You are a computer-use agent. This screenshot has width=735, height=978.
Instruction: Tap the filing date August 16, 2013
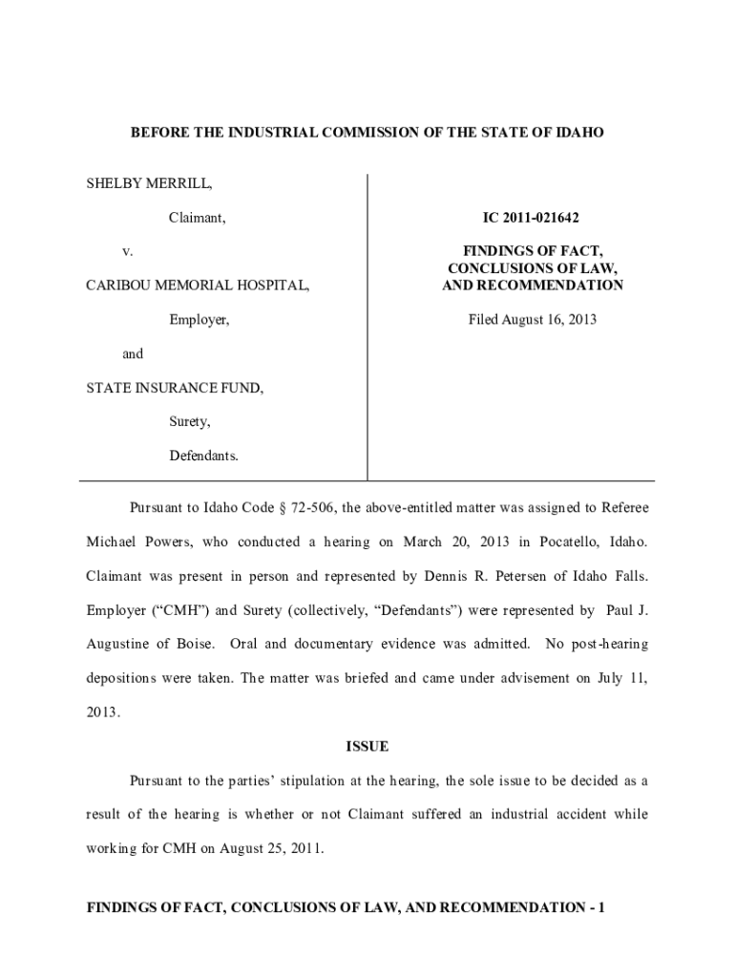point(532,319)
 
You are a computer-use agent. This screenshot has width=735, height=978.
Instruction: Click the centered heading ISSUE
point(367,746)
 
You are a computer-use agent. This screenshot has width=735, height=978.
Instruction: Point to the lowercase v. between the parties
point(127,251)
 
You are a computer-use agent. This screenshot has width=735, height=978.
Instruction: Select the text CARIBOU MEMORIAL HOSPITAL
point(197,286)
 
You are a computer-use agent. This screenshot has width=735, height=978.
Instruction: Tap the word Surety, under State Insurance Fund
point(190,421)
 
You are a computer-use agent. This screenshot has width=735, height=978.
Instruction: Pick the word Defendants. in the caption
point(203,456)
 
